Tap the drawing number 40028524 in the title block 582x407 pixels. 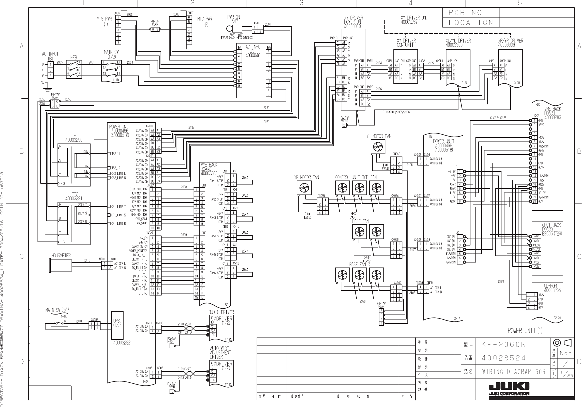tap(503, 358)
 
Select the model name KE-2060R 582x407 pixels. tap(503, 344)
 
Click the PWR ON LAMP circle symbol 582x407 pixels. tap(229, 28)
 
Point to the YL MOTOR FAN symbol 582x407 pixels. tap(378, 147)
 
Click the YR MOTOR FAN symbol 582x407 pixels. tap(304, 188)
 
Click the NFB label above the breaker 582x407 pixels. tap(74, 57)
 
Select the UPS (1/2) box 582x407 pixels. tap(117, 325)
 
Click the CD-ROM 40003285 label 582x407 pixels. tap(552, 288)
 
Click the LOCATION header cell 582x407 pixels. tap(471, 22)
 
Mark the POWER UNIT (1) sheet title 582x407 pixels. tap(525, 330)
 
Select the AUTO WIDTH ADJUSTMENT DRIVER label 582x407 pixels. tap(221, 352)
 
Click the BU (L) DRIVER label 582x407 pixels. tap(221, 312)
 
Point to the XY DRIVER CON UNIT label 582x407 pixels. tap(406, 43)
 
